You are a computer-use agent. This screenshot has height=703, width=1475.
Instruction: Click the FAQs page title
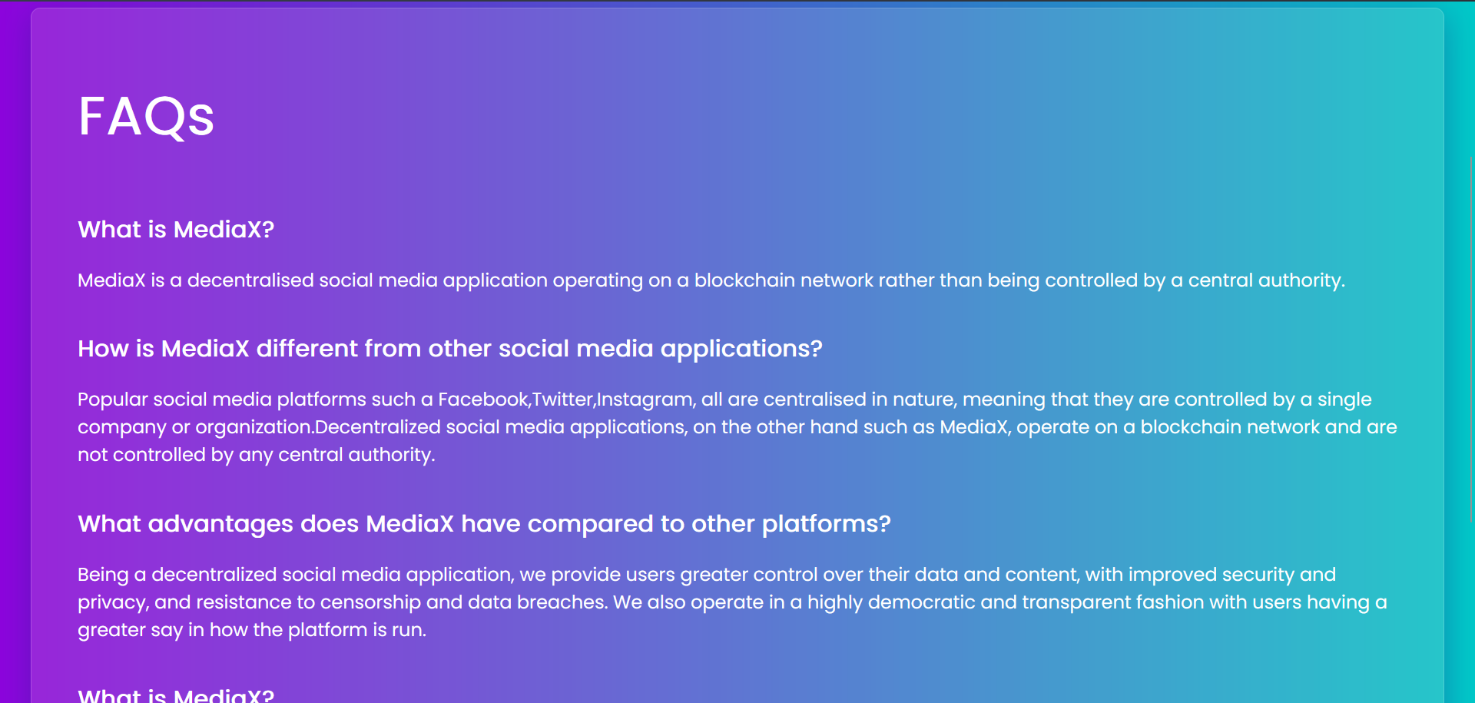(x=146, y=117)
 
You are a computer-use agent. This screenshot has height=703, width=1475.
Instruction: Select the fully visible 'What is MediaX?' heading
(x=176, y=230)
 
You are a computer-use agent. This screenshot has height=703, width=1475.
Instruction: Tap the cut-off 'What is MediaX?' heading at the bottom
(x=176, y=695)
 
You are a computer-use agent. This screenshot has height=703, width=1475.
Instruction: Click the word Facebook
(x=483, y=400)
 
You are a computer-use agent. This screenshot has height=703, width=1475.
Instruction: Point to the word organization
(x=254, y=428)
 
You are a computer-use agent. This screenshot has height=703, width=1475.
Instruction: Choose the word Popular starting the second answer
(x=113, y=400)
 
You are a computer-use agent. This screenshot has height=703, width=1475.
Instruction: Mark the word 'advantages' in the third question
(x=220, y=525)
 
